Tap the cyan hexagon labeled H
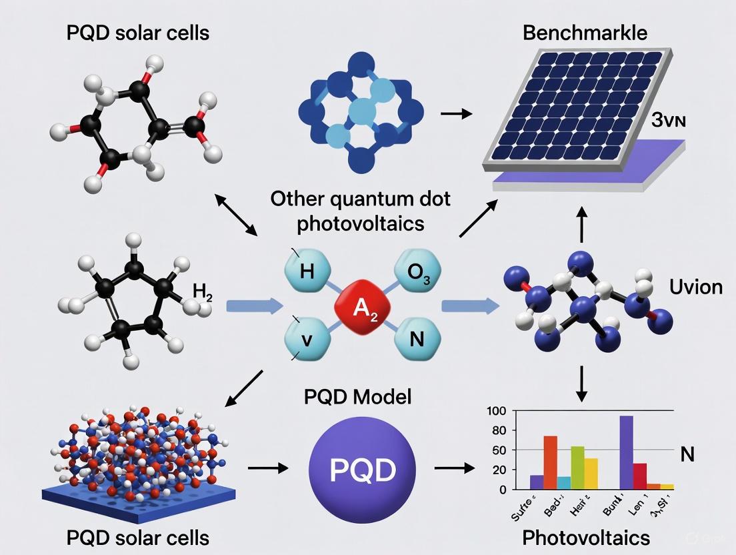click(308, 271)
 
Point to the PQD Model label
click(357, 398)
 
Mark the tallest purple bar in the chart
click(625, 452)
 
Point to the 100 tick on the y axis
click(497, 411)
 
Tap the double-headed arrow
click(237, 215)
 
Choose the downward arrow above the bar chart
click(581, 384)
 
